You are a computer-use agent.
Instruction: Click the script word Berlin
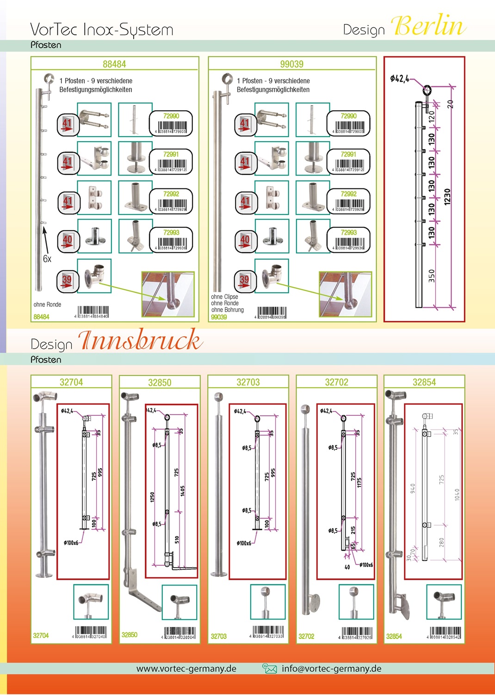pyautogui.click(x=429, y=26)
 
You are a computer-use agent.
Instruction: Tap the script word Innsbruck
pyautogui.click(x=140, y=340)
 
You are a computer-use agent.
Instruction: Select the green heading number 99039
pyautogui.click(x=291, y=64)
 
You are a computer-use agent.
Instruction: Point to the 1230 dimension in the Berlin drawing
pyautogui.click(x=447, y=197)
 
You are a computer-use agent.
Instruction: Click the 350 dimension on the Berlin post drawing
pyautogui.click(x=432, y=276)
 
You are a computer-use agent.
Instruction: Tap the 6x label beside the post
pyautogui.click(x=47, y=259)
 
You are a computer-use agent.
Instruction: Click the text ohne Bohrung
pyautogui.click(x=228, y=310)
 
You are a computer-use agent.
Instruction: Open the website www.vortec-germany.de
pyautogui.click(x=186, y=669)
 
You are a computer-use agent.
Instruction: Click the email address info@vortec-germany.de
pyautogui.click(x=331, y=669)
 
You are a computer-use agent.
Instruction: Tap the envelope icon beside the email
pyautogui.click(x=269, y=668)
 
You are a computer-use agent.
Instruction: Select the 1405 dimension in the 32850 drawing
pyautogui.click(x=182, y=491)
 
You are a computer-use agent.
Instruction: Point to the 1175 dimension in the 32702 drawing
pyautogui.click(x=359, y=482)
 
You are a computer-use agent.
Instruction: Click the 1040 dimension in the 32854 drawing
pyautogui.click(x=457, y=495)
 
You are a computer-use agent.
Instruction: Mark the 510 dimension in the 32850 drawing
pyautogui.click(x=177, y=539)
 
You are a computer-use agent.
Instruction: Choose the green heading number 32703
pyautogui.click(x=248, y=382)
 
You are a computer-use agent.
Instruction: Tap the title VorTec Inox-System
pyautogui.click(x=102, y=30)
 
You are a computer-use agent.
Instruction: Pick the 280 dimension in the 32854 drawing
pyautogui.click(x=441, y=542)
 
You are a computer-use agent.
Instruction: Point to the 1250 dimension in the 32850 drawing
pyautogui.click(x=152, y=497)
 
